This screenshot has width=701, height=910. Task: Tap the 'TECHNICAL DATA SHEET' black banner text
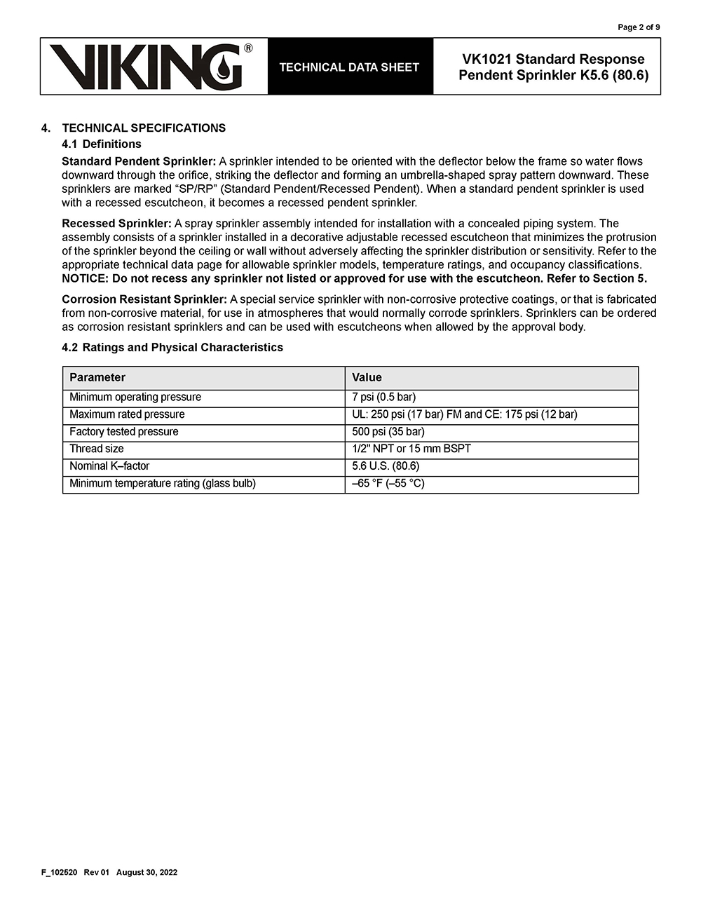pos(349,67)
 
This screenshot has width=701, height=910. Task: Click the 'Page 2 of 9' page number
pos(638,27)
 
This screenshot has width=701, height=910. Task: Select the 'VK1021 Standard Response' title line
pos(553,59)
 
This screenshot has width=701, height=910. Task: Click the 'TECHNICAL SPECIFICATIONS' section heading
pos(144,128)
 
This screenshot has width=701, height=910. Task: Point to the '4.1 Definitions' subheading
pos(102,144)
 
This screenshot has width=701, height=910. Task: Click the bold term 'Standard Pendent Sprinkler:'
pos(139,161)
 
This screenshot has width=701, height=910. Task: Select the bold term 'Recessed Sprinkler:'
pos(116,224)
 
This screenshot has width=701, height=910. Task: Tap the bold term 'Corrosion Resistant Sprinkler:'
pos(144,299)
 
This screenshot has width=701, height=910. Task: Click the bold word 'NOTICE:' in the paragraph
pos(86,278)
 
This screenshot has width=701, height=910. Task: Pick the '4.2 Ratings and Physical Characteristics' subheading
pos(172,347)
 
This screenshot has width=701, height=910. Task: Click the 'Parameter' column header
pos(97,377)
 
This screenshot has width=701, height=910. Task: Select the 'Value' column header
pos(367,377)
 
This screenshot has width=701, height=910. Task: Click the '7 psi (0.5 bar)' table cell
pos(383,397)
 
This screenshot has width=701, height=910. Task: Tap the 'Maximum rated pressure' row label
pos(127,414)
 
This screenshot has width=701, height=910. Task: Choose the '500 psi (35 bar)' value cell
pos(388,431)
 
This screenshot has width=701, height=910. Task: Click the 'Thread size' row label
pos(97,449)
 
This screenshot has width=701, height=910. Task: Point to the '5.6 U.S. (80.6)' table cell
pos(386,466)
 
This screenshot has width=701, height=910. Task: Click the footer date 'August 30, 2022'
pos(147,872)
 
